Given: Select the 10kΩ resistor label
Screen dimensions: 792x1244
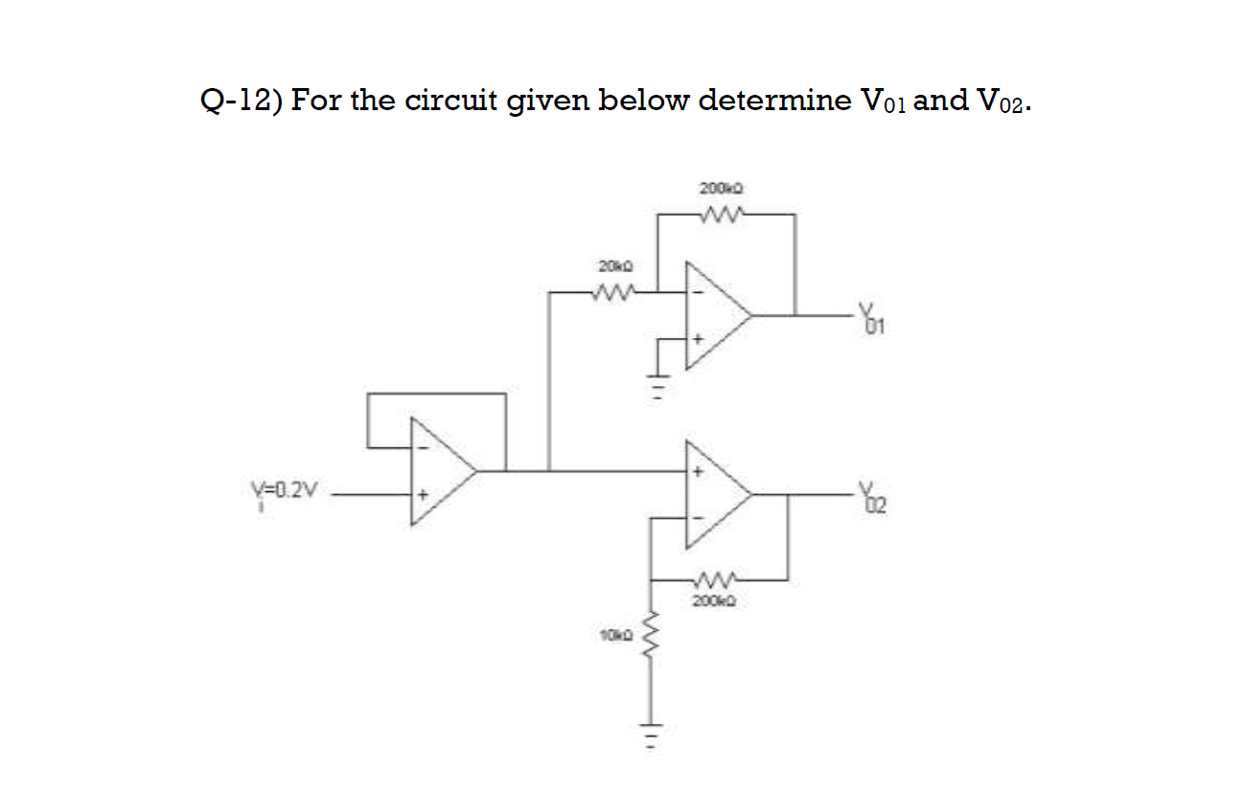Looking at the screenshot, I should [x=612, y=635].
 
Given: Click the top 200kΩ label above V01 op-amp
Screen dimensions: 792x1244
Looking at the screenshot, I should [x=718, y=188].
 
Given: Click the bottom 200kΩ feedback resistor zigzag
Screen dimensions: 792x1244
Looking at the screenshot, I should [x=717, y=579].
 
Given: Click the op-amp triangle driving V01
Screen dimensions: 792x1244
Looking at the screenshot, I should [x=715, y=314].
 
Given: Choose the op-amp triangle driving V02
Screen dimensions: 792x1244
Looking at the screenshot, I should [x=715, y=494].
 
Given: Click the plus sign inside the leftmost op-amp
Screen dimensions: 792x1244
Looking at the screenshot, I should [x=419, y=495].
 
